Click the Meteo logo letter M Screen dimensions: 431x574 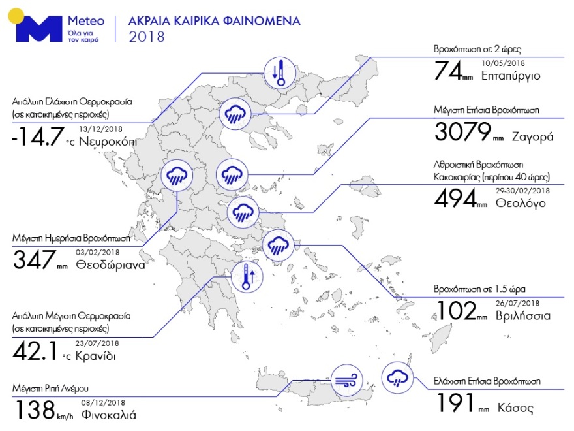tap(40, 30)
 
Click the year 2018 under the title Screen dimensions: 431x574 tap(147, 37)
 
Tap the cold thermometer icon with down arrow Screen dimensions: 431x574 tap(279, 72)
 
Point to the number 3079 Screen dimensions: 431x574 tap(462, 133)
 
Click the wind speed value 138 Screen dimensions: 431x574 tap(33, 411)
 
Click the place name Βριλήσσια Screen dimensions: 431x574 tap(523, 315)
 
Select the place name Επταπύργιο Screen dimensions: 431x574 tap(511, 76)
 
